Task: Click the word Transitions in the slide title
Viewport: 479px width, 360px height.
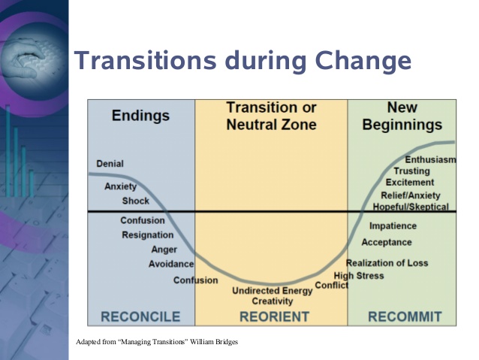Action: (x=146, y=60)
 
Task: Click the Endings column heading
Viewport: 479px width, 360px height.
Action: (x=140, y=116)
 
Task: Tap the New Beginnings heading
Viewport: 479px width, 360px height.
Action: (x=402, y=116)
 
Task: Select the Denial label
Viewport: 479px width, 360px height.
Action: (x=110, y=164)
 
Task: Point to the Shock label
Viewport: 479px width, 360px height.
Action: (x=136, y=201)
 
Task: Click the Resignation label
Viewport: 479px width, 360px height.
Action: (x=148, y=235)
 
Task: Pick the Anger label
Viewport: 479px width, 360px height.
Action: (x=164, y=250)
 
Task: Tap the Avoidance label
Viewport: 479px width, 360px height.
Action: (x=171, y=264)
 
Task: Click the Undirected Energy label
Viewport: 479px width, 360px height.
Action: (x=273, y=291)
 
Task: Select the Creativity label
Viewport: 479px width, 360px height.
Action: (x=273, y=301)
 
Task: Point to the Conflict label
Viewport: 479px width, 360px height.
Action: (x=331, y=286)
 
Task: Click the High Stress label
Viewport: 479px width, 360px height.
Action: (x=359, y=276)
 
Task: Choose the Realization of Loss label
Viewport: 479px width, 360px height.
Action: (x=387, y=263)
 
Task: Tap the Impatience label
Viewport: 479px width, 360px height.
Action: (x=393, y=226)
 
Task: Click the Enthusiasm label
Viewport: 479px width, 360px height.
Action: (x=430, y=159)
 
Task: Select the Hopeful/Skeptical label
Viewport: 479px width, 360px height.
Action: (x=411, y=207)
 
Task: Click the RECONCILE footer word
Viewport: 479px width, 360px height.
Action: (x=140, y=316)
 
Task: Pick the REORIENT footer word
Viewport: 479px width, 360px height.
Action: (x=274, y=316)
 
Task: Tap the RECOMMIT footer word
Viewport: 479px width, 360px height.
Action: (x=405, y=316)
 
